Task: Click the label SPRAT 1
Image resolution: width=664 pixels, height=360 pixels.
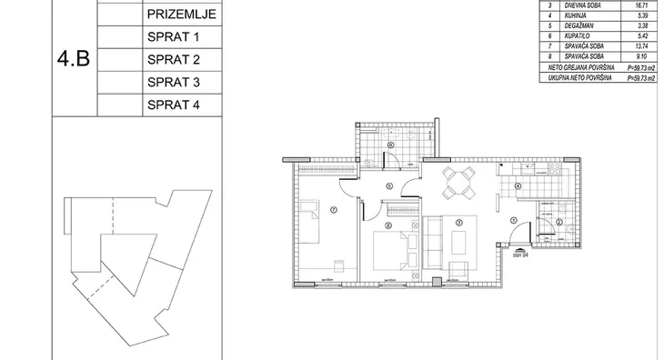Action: point(172,38)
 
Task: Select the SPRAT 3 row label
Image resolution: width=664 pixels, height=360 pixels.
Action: point(172,83)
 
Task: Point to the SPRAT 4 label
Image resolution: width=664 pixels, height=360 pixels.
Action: point(172,105)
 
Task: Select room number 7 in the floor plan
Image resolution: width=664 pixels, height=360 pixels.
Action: point(333,210)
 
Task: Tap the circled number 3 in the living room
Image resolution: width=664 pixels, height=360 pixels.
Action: point(459,222)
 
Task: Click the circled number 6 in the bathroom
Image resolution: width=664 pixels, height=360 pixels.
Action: point(390,145)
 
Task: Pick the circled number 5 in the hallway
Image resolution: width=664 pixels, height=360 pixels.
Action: point(388,187)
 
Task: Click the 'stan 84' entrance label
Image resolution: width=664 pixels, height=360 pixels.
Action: point(520,255)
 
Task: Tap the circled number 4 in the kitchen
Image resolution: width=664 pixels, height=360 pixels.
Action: point(517,187)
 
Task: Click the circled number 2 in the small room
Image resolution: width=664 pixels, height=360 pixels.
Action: point(559,223)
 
